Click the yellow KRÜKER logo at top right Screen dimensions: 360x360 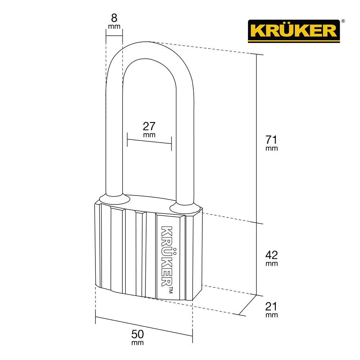tap(293, 30)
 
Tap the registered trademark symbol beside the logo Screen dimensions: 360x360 tap(343, 22)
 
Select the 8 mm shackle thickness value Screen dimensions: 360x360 tap(114, 17)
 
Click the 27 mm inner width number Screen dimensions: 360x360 tap(149, 126)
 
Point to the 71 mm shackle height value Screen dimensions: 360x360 tap(272, 139)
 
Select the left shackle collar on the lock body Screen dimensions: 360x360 tap(114, 199)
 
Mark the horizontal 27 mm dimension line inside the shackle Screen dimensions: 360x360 tap(149, 143)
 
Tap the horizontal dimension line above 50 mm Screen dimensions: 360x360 tap(144, 327)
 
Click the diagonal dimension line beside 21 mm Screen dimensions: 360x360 tap(248, 305)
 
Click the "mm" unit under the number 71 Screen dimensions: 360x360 tap(272, 148)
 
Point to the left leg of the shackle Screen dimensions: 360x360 tap(114, 137)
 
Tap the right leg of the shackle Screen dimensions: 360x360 tap(185, 144)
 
